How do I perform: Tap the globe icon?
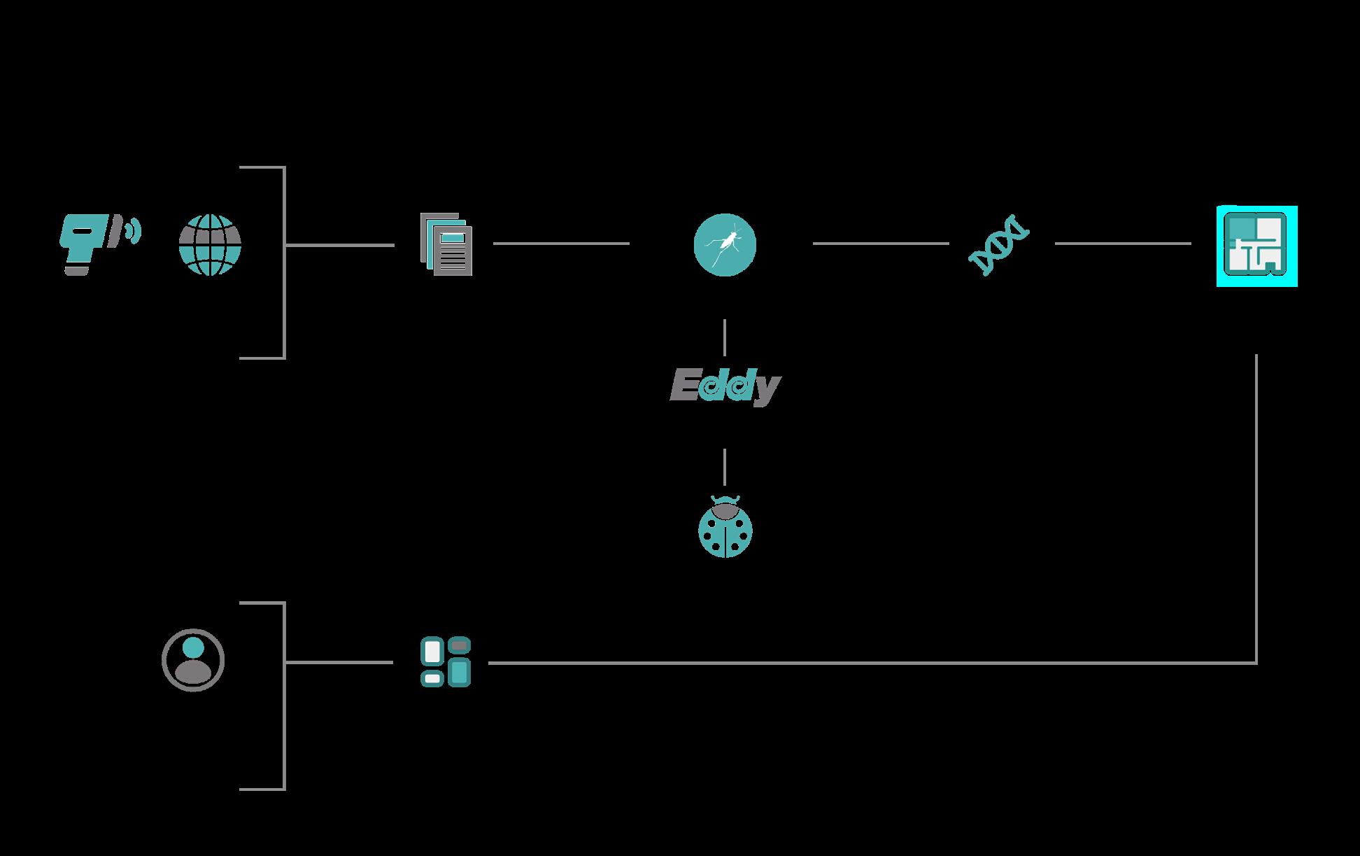tap(210, 245)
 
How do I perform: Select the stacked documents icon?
tap(446, 244)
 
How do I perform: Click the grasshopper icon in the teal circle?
tap(725, 244)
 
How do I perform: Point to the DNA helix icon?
tap(999, 245)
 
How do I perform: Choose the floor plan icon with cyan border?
tap(1256, 246)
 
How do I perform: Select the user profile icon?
tap(193, 660)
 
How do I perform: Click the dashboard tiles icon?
tap(446, 661)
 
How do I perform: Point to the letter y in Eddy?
tap(766, 389)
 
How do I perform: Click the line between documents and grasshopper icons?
tap(561, 244)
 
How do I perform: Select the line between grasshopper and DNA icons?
tap(880, 244)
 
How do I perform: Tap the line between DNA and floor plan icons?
tap(1122, 244)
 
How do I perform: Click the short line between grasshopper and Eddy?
tap(725, 337)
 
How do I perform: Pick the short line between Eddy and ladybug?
tap(725, 467)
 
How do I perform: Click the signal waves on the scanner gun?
tap(132, 230)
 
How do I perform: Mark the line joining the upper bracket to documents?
tap(340, 245)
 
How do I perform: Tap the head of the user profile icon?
tap(193, 648)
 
